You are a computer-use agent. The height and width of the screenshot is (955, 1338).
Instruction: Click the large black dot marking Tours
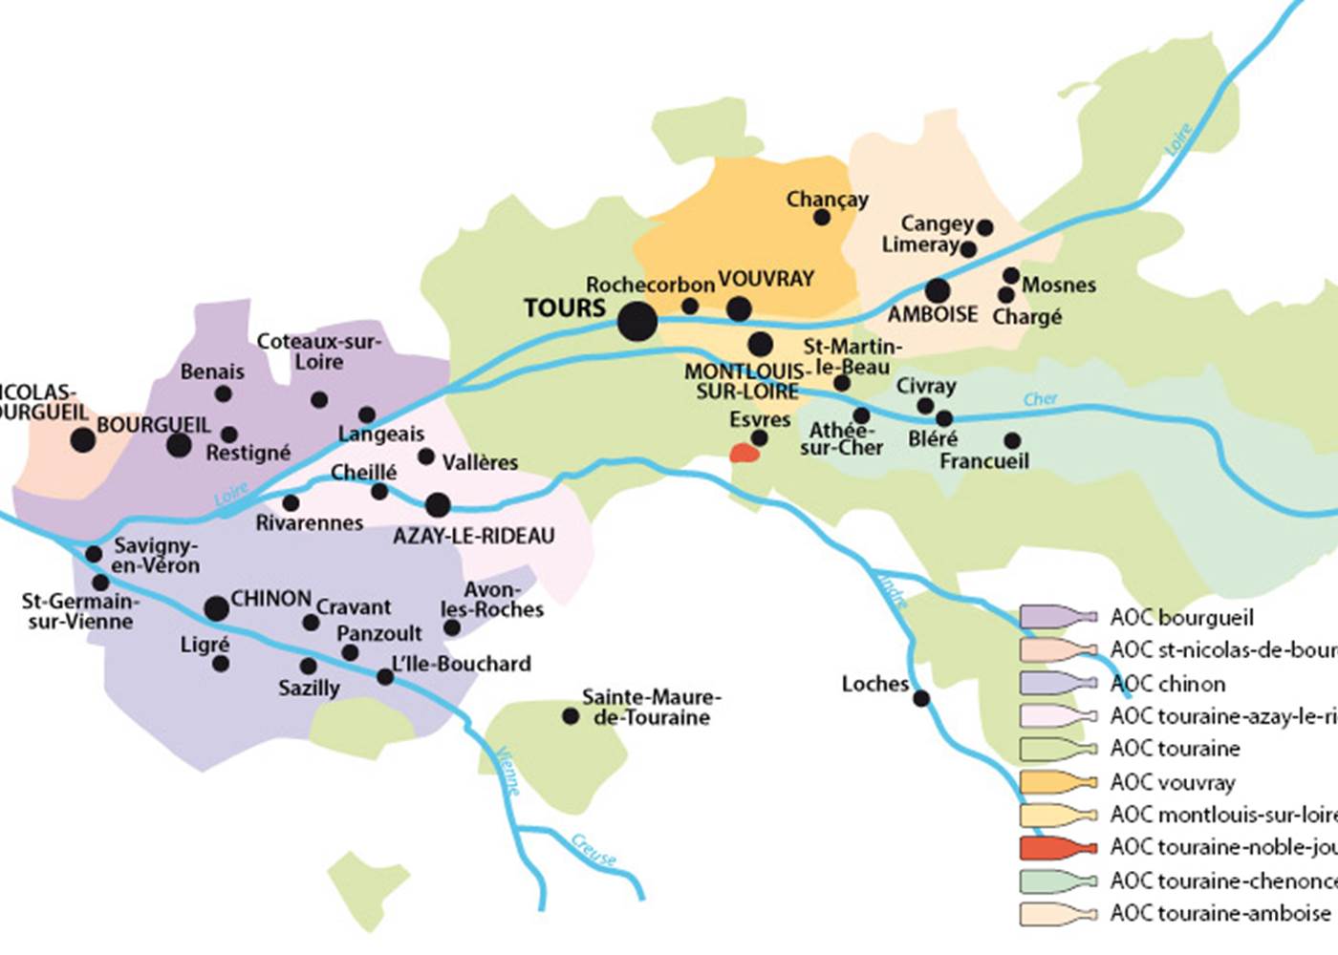coord(637,321)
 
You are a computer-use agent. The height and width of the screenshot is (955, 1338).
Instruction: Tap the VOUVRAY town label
coord(766,279)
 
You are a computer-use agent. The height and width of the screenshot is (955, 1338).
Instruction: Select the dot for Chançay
coord(822,218)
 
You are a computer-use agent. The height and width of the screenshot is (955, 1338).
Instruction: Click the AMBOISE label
coord(933,314)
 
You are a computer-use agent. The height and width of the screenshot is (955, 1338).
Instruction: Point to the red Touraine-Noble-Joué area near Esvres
coord(745,453)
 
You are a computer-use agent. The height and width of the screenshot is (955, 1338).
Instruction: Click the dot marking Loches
coord(921,698)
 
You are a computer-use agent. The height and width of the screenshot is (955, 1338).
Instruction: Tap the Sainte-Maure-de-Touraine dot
coord(571,716)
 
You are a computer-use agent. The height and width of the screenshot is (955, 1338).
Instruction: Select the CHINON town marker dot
coord(217,608)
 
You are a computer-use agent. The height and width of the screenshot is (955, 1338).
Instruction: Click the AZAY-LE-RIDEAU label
coord(473,536)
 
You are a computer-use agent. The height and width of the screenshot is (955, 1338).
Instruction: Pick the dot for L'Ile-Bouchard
coord(385,677)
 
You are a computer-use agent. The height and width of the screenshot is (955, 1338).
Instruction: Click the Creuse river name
coord(593,849)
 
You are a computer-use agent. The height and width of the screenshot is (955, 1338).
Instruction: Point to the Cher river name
coord(1040,398)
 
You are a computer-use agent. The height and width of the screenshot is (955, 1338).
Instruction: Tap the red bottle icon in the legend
coord(1058,847)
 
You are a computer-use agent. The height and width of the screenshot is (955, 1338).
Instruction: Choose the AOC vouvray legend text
coord(1172,782)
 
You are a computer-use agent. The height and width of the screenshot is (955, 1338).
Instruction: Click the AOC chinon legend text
coord(1167,684)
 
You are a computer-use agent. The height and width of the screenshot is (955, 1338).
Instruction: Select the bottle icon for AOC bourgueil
coord(1058,617)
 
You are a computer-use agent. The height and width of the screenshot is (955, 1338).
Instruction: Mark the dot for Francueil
coord(1012,440)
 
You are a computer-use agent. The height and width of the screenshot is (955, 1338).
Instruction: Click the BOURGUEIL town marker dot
coord(179,445)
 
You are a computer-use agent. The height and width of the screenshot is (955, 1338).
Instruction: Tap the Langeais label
coord(380,435)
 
